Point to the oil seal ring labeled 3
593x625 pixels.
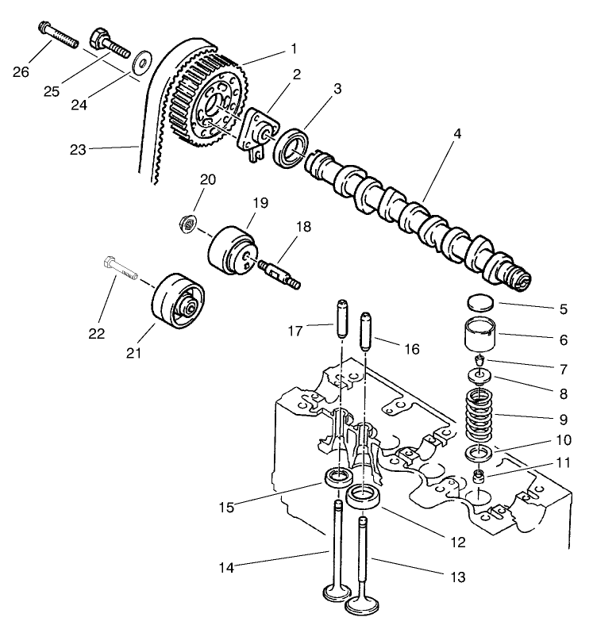[291, 148]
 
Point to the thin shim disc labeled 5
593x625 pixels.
[479, 303]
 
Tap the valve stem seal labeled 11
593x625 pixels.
[479, 477]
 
